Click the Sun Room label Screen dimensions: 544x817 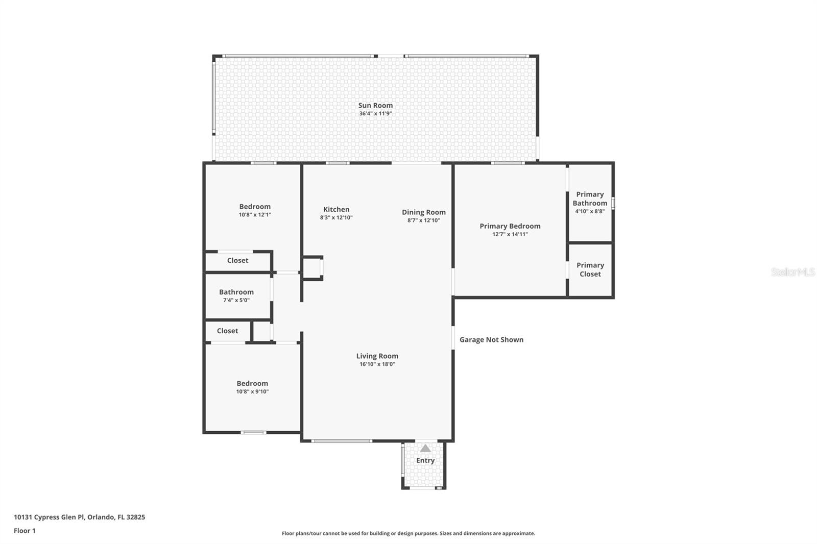pos(375,105)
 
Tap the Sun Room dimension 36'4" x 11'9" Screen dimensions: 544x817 pos(375,113)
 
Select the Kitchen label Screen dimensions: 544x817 pos(336,209)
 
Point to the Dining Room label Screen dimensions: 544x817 pos(423,212)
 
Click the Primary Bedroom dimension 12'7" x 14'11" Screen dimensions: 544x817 pos(510,234)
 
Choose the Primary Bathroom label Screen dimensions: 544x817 pos(590,199)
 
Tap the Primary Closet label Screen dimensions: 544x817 pos(590,269)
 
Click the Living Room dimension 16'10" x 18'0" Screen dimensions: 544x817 pos(377,364)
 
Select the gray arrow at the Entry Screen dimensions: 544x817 pos(425,448)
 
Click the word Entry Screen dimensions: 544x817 pos(425,460)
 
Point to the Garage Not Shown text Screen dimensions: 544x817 pos(491,339)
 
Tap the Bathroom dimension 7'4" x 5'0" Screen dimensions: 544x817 pos(236,300)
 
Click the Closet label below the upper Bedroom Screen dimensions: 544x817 pos(237,260)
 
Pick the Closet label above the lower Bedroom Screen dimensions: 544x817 pos(227,331)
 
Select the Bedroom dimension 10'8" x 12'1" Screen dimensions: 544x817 pos(254,215)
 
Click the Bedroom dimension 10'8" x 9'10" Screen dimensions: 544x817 pos(252,391)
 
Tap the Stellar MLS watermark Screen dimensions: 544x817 pos(792,272)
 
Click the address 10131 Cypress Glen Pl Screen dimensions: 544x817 pos(79,517)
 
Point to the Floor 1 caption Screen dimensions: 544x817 pos(25,531)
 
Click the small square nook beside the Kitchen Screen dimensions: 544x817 pos(311,268)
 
